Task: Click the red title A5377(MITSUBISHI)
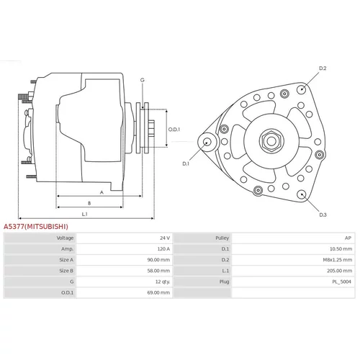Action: pyautogui.click(x=36, y=227)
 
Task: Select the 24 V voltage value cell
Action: pyautogui.click(x=165, y=238)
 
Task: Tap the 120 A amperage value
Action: pyautogui.click(x=163, y=249)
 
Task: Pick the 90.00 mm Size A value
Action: pyautogui.click(x=158, y=260)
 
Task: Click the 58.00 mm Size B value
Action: pyautogui.click(x=158, y=271)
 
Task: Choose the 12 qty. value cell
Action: pyautogui.click(x=163, y=282)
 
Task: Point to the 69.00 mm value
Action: pyautogui.click(x=158, y=292)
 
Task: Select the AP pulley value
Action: pyautogui.click(x=348, y=238)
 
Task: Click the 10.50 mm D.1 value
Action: pyautogui.click(x=341, y=249)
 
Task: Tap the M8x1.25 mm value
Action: pyautogui.click(x=338, y=260)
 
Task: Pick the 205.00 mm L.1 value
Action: pyautogui.click(x=340, y=271)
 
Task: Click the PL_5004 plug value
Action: pyautogui.click(x=342, y=282)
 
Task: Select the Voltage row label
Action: pyautogui.click(x=65, y=238)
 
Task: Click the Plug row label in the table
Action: pyautogui.click(x=224, y=282)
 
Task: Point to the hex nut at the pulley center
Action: pyautogui.click(x=271, y=141)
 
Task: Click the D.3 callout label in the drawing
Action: pyautogui.click(x=323, y=215)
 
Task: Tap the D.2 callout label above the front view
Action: pyautogui.click(x=323, y=68)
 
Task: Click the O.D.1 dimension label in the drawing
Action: pyautogui.click(x=174, y=130)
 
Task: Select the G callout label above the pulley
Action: pyautogui.click(x=143, y=80)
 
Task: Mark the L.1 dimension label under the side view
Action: pyautogui.click(x=85, y=214)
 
